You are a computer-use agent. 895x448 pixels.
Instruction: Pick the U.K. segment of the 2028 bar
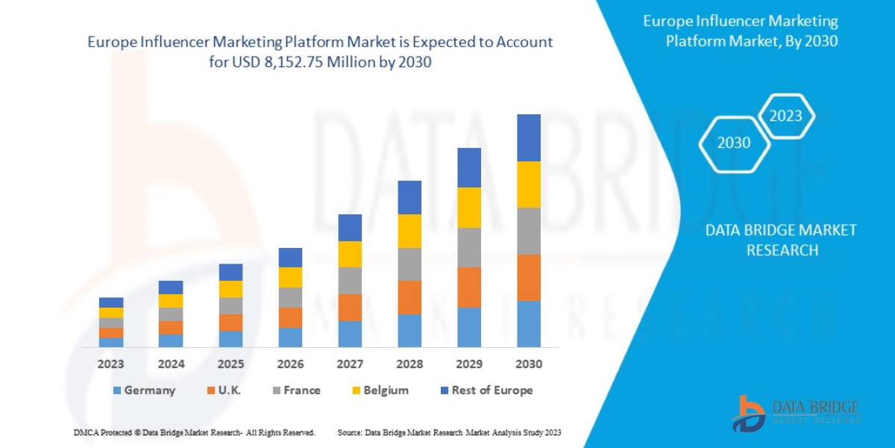pos(409,297)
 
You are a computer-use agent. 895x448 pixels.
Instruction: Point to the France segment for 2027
pos(350,280)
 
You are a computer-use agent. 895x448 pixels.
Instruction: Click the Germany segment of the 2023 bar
pos(111,342)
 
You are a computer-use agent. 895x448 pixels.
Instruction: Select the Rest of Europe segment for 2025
pos(230,272)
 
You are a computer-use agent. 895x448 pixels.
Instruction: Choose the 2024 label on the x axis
pos(171,364)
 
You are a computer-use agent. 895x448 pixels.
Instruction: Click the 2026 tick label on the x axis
pos(290,364)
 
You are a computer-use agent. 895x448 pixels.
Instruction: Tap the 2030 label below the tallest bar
pos(529,364)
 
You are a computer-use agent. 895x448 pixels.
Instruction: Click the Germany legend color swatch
pos(116,391)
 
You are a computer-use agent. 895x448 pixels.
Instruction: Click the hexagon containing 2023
pos(785,116)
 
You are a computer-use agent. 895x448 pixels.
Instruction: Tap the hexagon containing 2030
pos(734,143)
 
